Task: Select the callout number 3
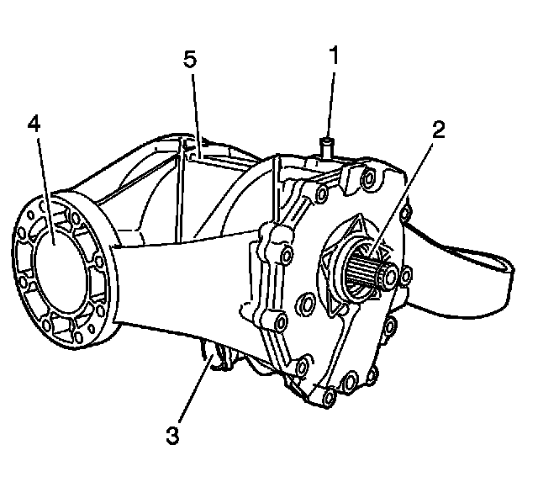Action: point(171,436)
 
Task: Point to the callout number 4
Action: point(33,124)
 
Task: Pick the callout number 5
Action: point(192,61)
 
